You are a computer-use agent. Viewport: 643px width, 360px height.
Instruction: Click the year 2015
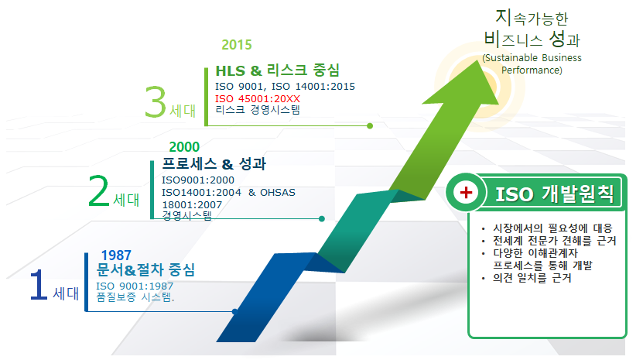237,45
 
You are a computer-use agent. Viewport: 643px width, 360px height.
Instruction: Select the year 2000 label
184,146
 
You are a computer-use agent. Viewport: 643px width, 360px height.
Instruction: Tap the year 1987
116,255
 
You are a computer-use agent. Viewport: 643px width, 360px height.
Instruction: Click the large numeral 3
156,101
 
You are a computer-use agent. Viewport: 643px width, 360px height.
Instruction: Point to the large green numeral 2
99,191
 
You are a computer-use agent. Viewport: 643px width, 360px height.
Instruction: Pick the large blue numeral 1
39,284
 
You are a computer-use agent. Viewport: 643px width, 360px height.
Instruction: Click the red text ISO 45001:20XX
258,99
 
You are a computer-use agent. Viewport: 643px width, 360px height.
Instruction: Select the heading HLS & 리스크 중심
278,70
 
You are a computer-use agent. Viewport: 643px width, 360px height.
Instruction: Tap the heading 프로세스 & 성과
214,164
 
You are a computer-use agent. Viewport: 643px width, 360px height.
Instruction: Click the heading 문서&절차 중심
145,269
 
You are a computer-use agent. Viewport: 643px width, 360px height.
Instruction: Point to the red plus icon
466,192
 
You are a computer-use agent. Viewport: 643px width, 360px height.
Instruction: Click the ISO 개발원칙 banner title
555,194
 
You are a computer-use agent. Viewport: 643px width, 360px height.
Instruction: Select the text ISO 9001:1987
135,286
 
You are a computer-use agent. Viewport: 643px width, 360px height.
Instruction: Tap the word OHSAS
278,193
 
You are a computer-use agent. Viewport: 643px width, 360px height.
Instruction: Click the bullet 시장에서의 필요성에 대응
552,228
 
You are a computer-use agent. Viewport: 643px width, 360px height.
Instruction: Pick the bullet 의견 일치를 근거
532,278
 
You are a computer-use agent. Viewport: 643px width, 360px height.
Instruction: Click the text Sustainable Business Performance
532,64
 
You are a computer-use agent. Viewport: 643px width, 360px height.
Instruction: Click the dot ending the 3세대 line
370,126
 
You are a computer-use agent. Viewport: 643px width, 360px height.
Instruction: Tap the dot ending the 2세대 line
322,219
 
